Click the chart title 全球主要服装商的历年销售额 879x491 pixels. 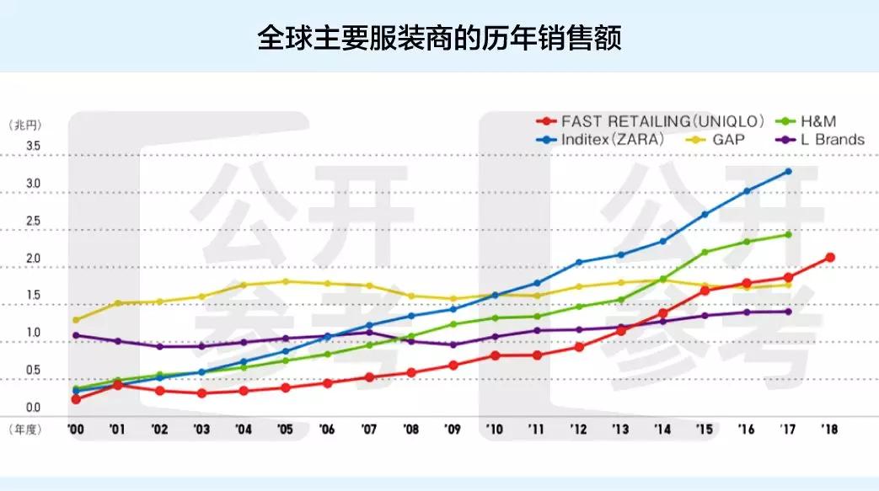[439, 39]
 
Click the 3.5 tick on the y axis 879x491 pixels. [33, 146]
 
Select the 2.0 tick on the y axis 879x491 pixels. [33, 259]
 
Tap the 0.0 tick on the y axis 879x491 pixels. [33, 408]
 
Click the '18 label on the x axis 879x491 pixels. [830, 430]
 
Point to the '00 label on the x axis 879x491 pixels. [76, 430]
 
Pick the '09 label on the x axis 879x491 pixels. [453, 430]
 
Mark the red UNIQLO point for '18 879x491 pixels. [830, 257]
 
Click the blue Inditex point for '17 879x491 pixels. [788, 171]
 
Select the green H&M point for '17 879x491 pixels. [788, 234]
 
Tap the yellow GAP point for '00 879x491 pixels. [76, 320]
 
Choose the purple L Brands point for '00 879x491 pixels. [76, 335]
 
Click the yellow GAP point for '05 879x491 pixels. [285, 281]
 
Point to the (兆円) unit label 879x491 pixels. [25, 124]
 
